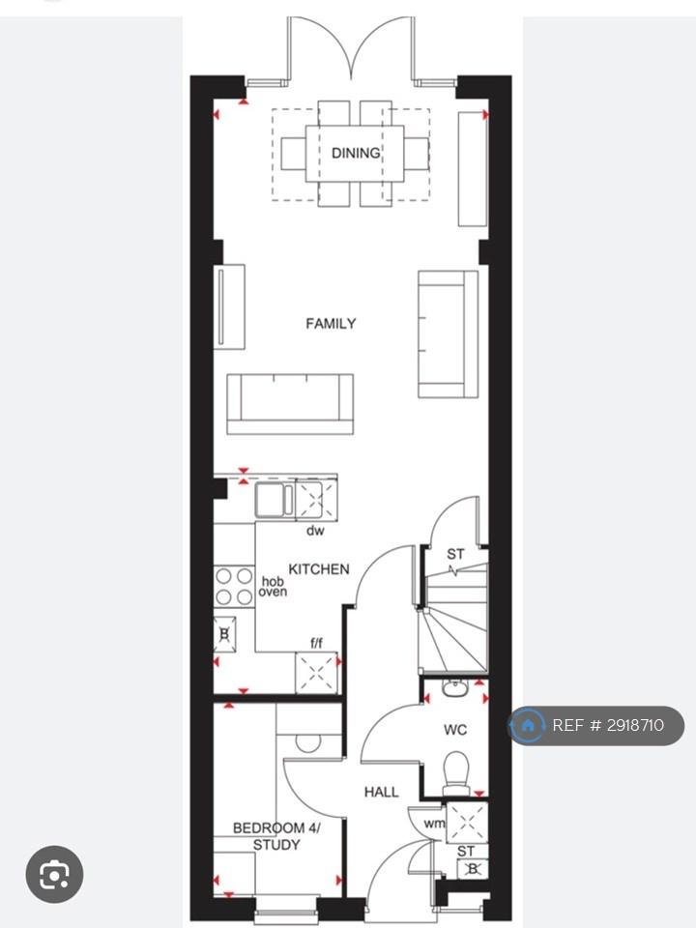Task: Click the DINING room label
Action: pyautogui.click(x=355, y=153)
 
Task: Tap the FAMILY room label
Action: pyautogui.click(x=331, y=323)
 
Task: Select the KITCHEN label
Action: pyautogui.click(x=319, y=568)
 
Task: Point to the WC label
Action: pyautogui.click(x=455, y=730)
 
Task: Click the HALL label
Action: pyautogui.click(x=381, y=792)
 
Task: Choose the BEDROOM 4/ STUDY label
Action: pyautogui.click(x=276, y=836)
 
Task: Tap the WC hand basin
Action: pyautogui.click(x=455, y=687)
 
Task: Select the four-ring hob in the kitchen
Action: pyautogui.click(x=234, y=586)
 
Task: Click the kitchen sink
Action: pyautogui.click(x=275, y=500)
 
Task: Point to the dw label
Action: pyautogui.click(x=315, y=531)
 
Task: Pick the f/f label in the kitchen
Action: pyautogui.click(x=317, y=643)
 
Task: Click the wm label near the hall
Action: pyautogui.click(x=434, y=824)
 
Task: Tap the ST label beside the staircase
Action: pyautogui.click(x=455, y=554)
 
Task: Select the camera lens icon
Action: pyautogui.click(x=54, y=874)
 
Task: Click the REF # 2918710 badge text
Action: pyautogui.click(x=608, y=725)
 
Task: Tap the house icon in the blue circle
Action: pyautogui.click(x=528, y=725)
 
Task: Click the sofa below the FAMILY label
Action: pyautogui.click(x=290, y=404)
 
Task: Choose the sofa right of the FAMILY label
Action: pyautogui.click(x=448, y=334)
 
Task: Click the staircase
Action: pyautogui.click(x=453, y=616)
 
